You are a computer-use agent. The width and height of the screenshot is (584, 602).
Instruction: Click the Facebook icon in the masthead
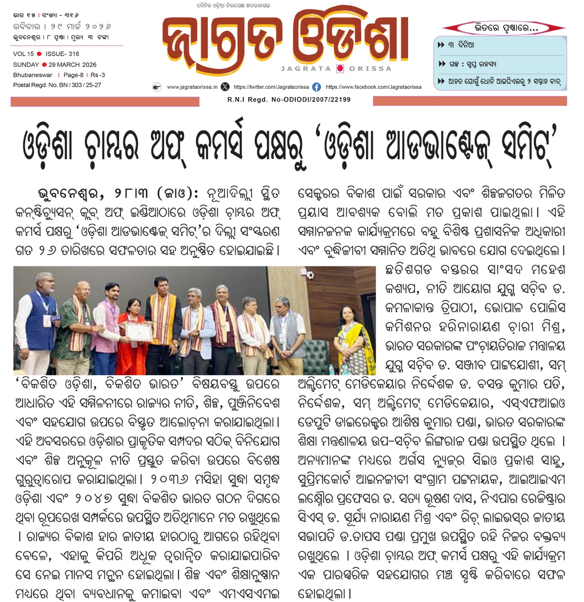pos(317,87)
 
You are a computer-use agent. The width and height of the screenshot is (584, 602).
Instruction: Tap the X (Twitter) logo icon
pos(225,87)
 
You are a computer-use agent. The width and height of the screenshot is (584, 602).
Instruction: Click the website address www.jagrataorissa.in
pos(192,87)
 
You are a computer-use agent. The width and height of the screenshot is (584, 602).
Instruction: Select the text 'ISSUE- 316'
pos(63,54)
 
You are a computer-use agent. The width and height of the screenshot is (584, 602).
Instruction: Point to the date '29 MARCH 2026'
pos(72,65)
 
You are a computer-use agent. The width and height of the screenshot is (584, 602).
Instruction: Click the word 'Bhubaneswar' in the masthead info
pos(33,75)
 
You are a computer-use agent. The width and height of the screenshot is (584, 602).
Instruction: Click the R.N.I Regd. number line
pos(289,100)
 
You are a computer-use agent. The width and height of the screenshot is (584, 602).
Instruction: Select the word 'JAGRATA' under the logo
pos(306,68)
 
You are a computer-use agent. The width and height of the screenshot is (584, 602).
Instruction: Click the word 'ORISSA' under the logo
pos(370,68)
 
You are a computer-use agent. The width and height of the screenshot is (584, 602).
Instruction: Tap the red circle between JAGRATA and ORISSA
pos(340,68)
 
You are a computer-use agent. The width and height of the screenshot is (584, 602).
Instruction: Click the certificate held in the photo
pos(139,331)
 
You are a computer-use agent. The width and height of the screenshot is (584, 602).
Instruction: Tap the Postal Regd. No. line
pos(57,85)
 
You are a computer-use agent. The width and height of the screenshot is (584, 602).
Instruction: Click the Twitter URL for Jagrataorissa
pos(271,87)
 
